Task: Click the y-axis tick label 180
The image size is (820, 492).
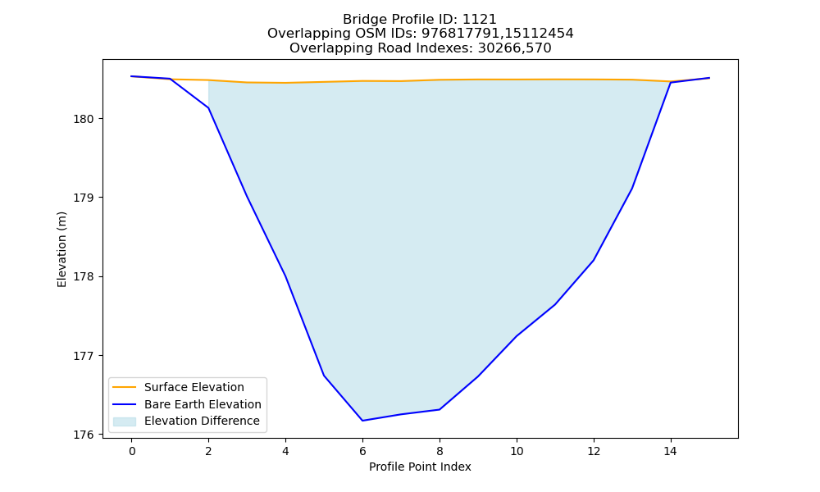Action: click(x=83, y=119)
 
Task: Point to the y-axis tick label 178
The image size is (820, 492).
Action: click(x=83, y=277)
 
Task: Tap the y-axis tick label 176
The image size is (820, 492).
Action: click(x=83, y=435)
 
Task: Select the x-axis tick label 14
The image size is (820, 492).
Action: click(x=671, y=451)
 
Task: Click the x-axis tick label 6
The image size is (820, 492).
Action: click(x=362, y=451)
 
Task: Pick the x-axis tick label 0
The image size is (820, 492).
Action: click(x=132, y=451)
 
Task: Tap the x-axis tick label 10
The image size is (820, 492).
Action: click(x=517, y=451)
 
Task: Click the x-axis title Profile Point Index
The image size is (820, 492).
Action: click(x=420, y=467)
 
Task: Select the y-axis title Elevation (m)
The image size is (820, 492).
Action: click(x=61, y=249)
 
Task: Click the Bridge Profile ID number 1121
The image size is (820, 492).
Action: click(x=480, y=20)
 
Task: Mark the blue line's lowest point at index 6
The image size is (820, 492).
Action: click(x=362, y=421)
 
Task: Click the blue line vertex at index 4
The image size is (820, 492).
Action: click(x=285, y=276)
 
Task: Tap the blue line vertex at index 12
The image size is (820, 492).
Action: click(x=594, y=261)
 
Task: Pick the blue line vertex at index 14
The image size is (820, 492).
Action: click(x=671, y=83)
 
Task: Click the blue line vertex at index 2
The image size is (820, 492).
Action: click(x=208, y=107)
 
